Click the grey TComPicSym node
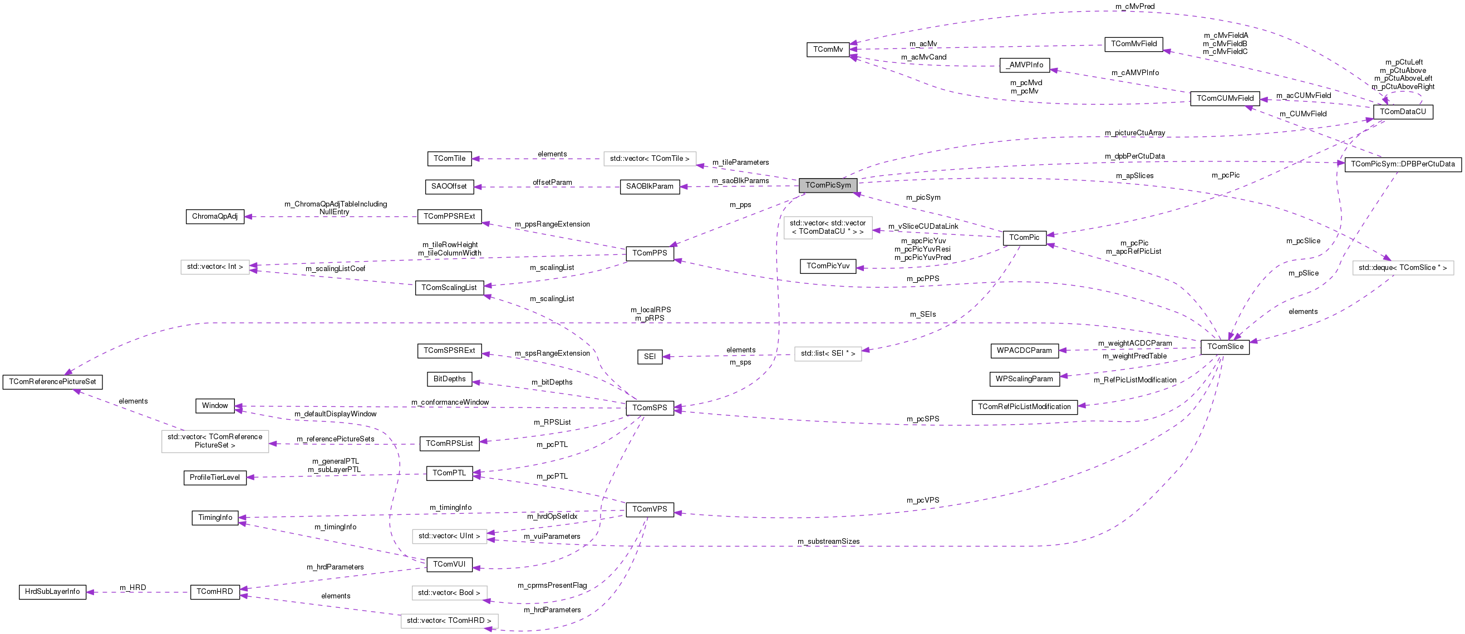point(828,185)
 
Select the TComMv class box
point(828,50)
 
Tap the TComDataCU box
point(1403,112)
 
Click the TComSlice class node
point(1225,347)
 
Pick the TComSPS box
point(650,407)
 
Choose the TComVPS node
point(650,509)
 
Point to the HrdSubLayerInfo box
point(52,592)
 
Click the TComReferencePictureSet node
point(52,381)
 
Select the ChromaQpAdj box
point(215,217)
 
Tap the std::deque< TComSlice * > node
point(1403,268)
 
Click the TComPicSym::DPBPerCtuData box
point(1403,164)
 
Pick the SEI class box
point(650,356)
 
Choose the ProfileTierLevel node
point(215,478)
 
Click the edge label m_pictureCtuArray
point(1134,133)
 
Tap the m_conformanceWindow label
point(450,402)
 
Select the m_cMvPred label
point(1134,6)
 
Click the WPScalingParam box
point(1024,379)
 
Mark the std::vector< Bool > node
point(449,593)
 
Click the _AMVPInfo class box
point(1024,65)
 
